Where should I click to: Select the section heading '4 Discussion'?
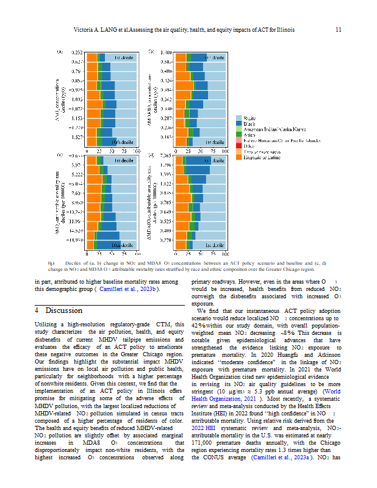coord(58,310)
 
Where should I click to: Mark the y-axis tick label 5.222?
coord(76,174)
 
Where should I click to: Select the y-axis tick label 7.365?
coord(165,157)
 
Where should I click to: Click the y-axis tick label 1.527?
coord(77,138)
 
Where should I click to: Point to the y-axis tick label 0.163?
coord(165,138)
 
